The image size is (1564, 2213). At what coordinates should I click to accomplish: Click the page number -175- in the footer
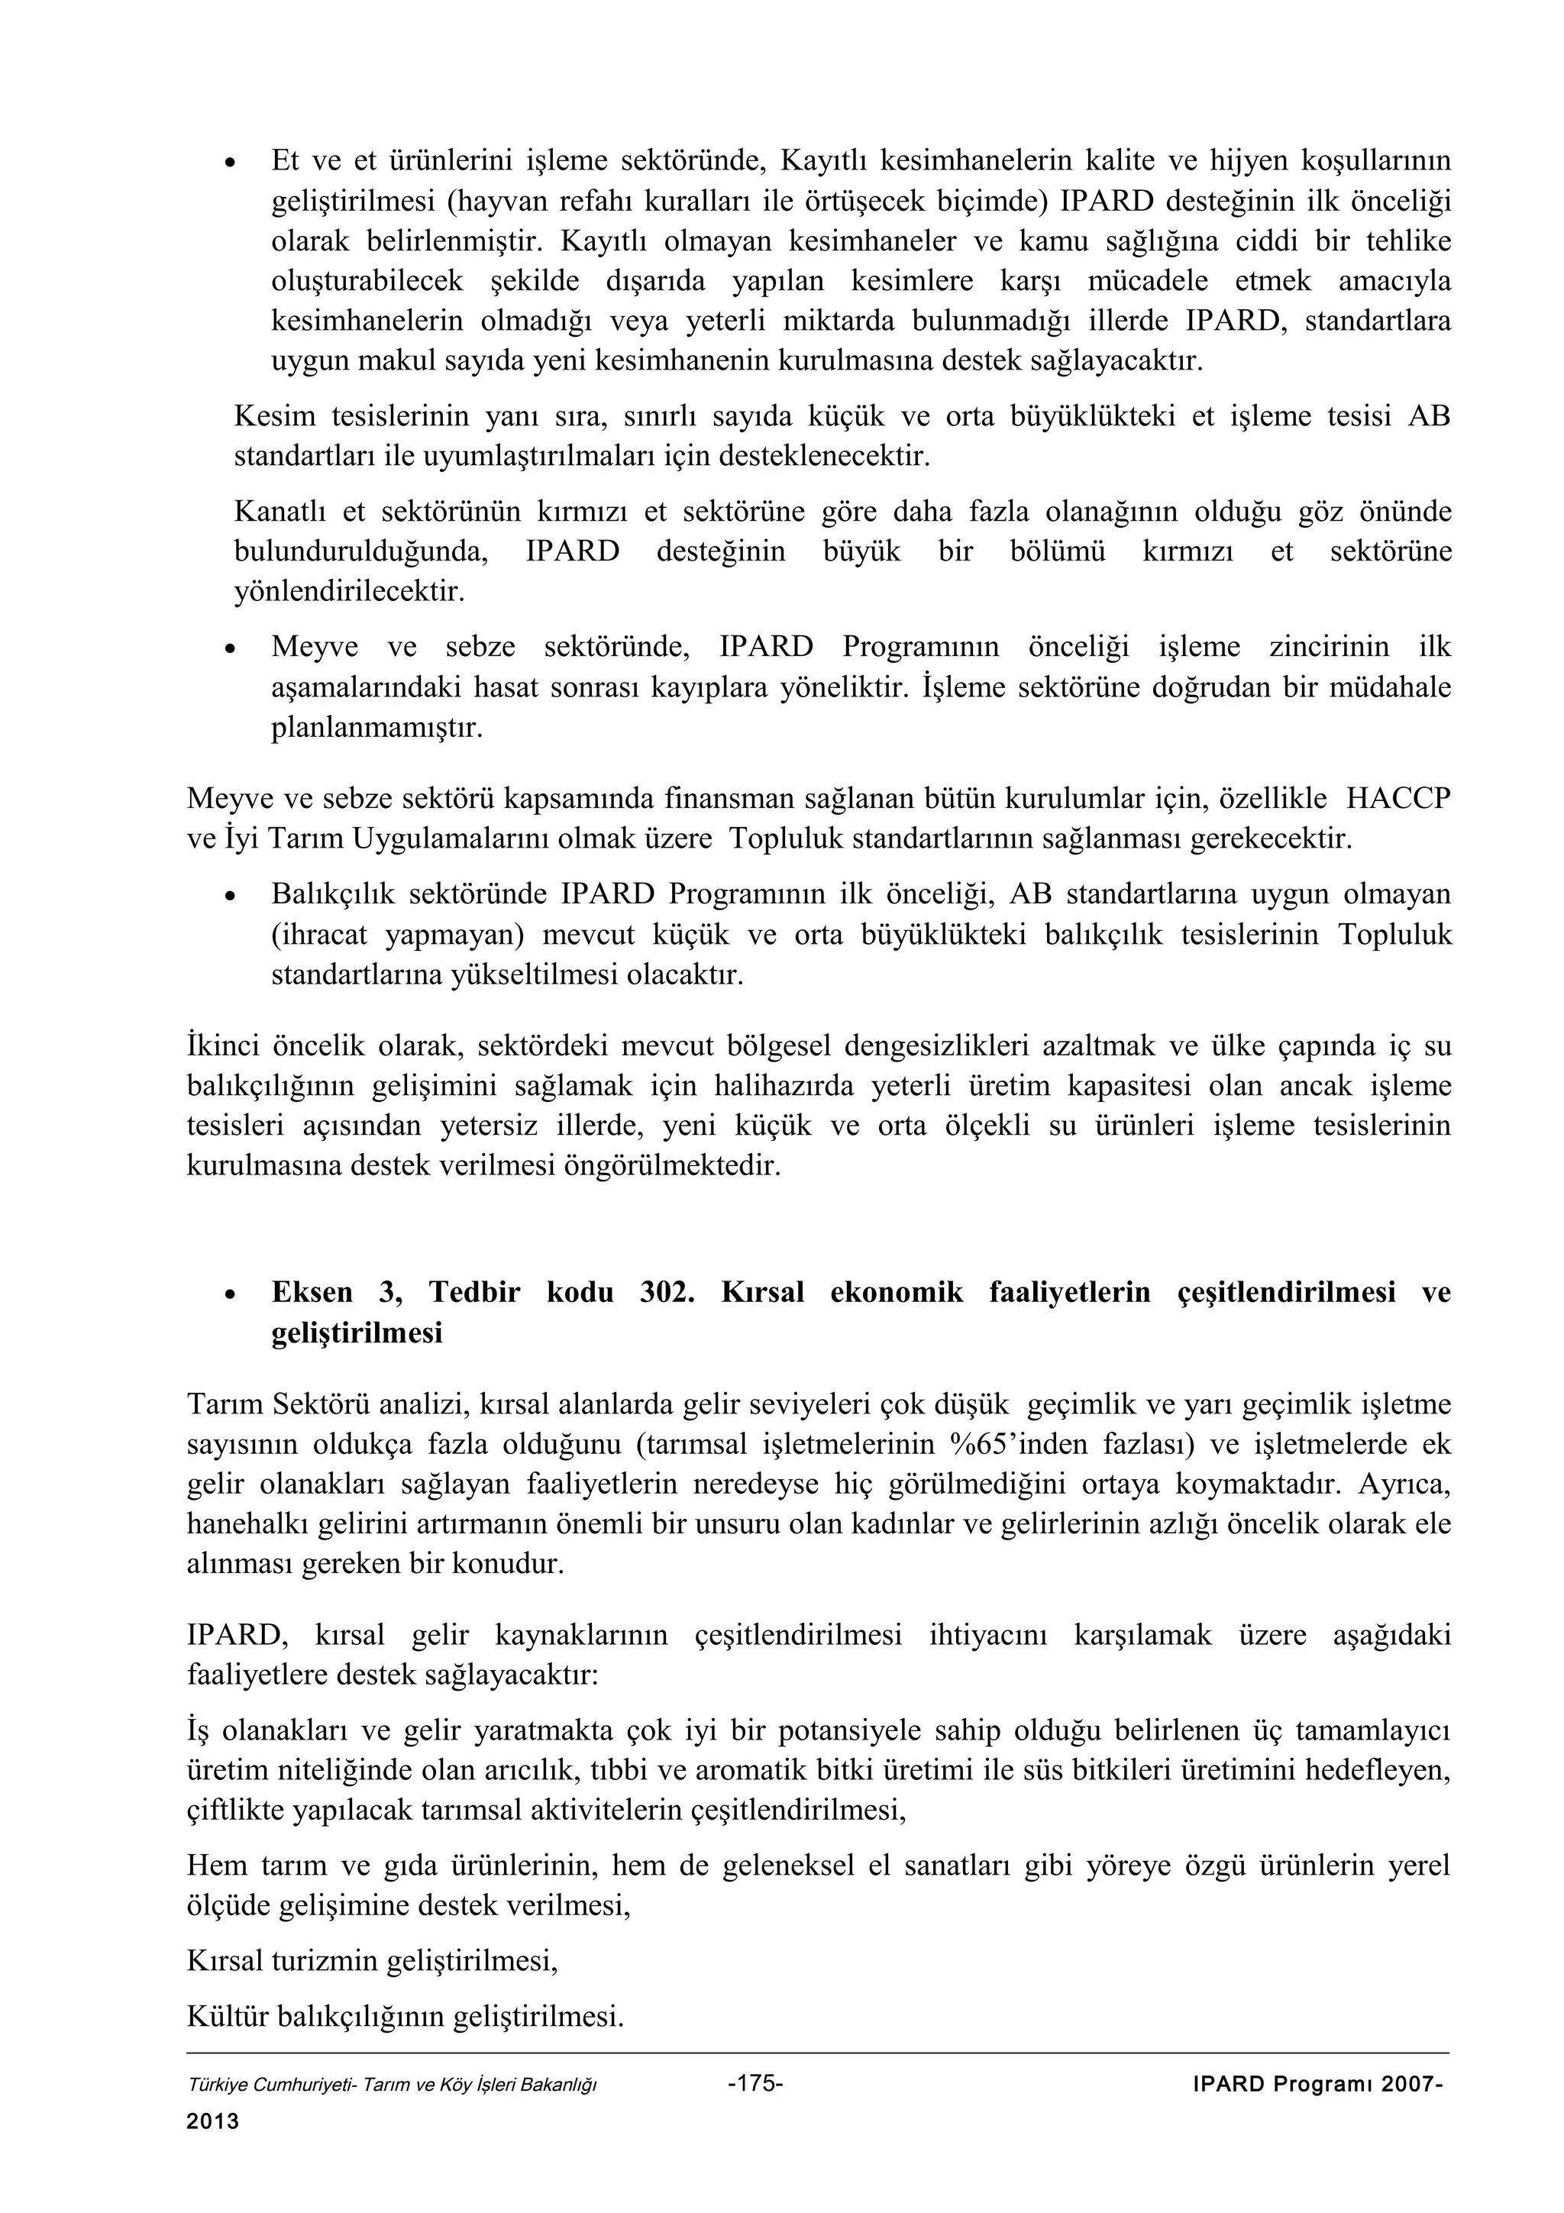[x=757, y=2083]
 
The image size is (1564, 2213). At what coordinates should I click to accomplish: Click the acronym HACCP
[x=1398, y=799]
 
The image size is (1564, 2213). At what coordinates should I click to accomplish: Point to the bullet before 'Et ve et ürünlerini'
[x=229, y=162]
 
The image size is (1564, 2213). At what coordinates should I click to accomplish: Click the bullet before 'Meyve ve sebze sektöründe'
[x=229, y=648]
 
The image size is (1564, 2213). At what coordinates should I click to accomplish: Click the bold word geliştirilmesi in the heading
[x=357, y=1333]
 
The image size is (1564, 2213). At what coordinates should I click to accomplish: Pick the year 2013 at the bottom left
[x=213, y=2121]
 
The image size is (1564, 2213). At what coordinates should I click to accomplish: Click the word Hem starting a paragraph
[x=217, y=1866]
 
